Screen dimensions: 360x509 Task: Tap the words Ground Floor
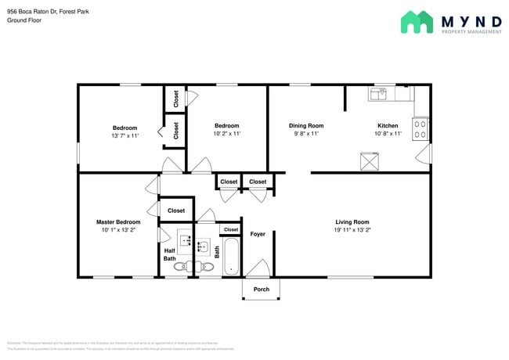[x=24, y=20]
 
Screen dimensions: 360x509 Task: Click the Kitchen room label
[x=388, y=126]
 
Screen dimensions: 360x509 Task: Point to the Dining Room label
[x=306, y=126]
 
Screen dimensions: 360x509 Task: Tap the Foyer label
[x=258, y=234]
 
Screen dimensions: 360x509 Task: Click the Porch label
[x=261, y=289]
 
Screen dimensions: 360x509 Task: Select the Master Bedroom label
[x=118, y=221]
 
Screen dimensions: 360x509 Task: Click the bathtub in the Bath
[x=231, y=257]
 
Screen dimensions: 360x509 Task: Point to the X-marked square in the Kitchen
[x=368, y=162]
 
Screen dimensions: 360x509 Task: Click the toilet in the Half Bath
[x=180, y=267]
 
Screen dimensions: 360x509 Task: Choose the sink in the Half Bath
[x=186, y=239]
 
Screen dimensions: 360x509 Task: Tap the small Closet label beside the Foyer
[x=230, y=229]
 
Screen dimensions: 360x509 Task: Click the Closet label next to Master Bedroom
[x=176, y=211]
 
